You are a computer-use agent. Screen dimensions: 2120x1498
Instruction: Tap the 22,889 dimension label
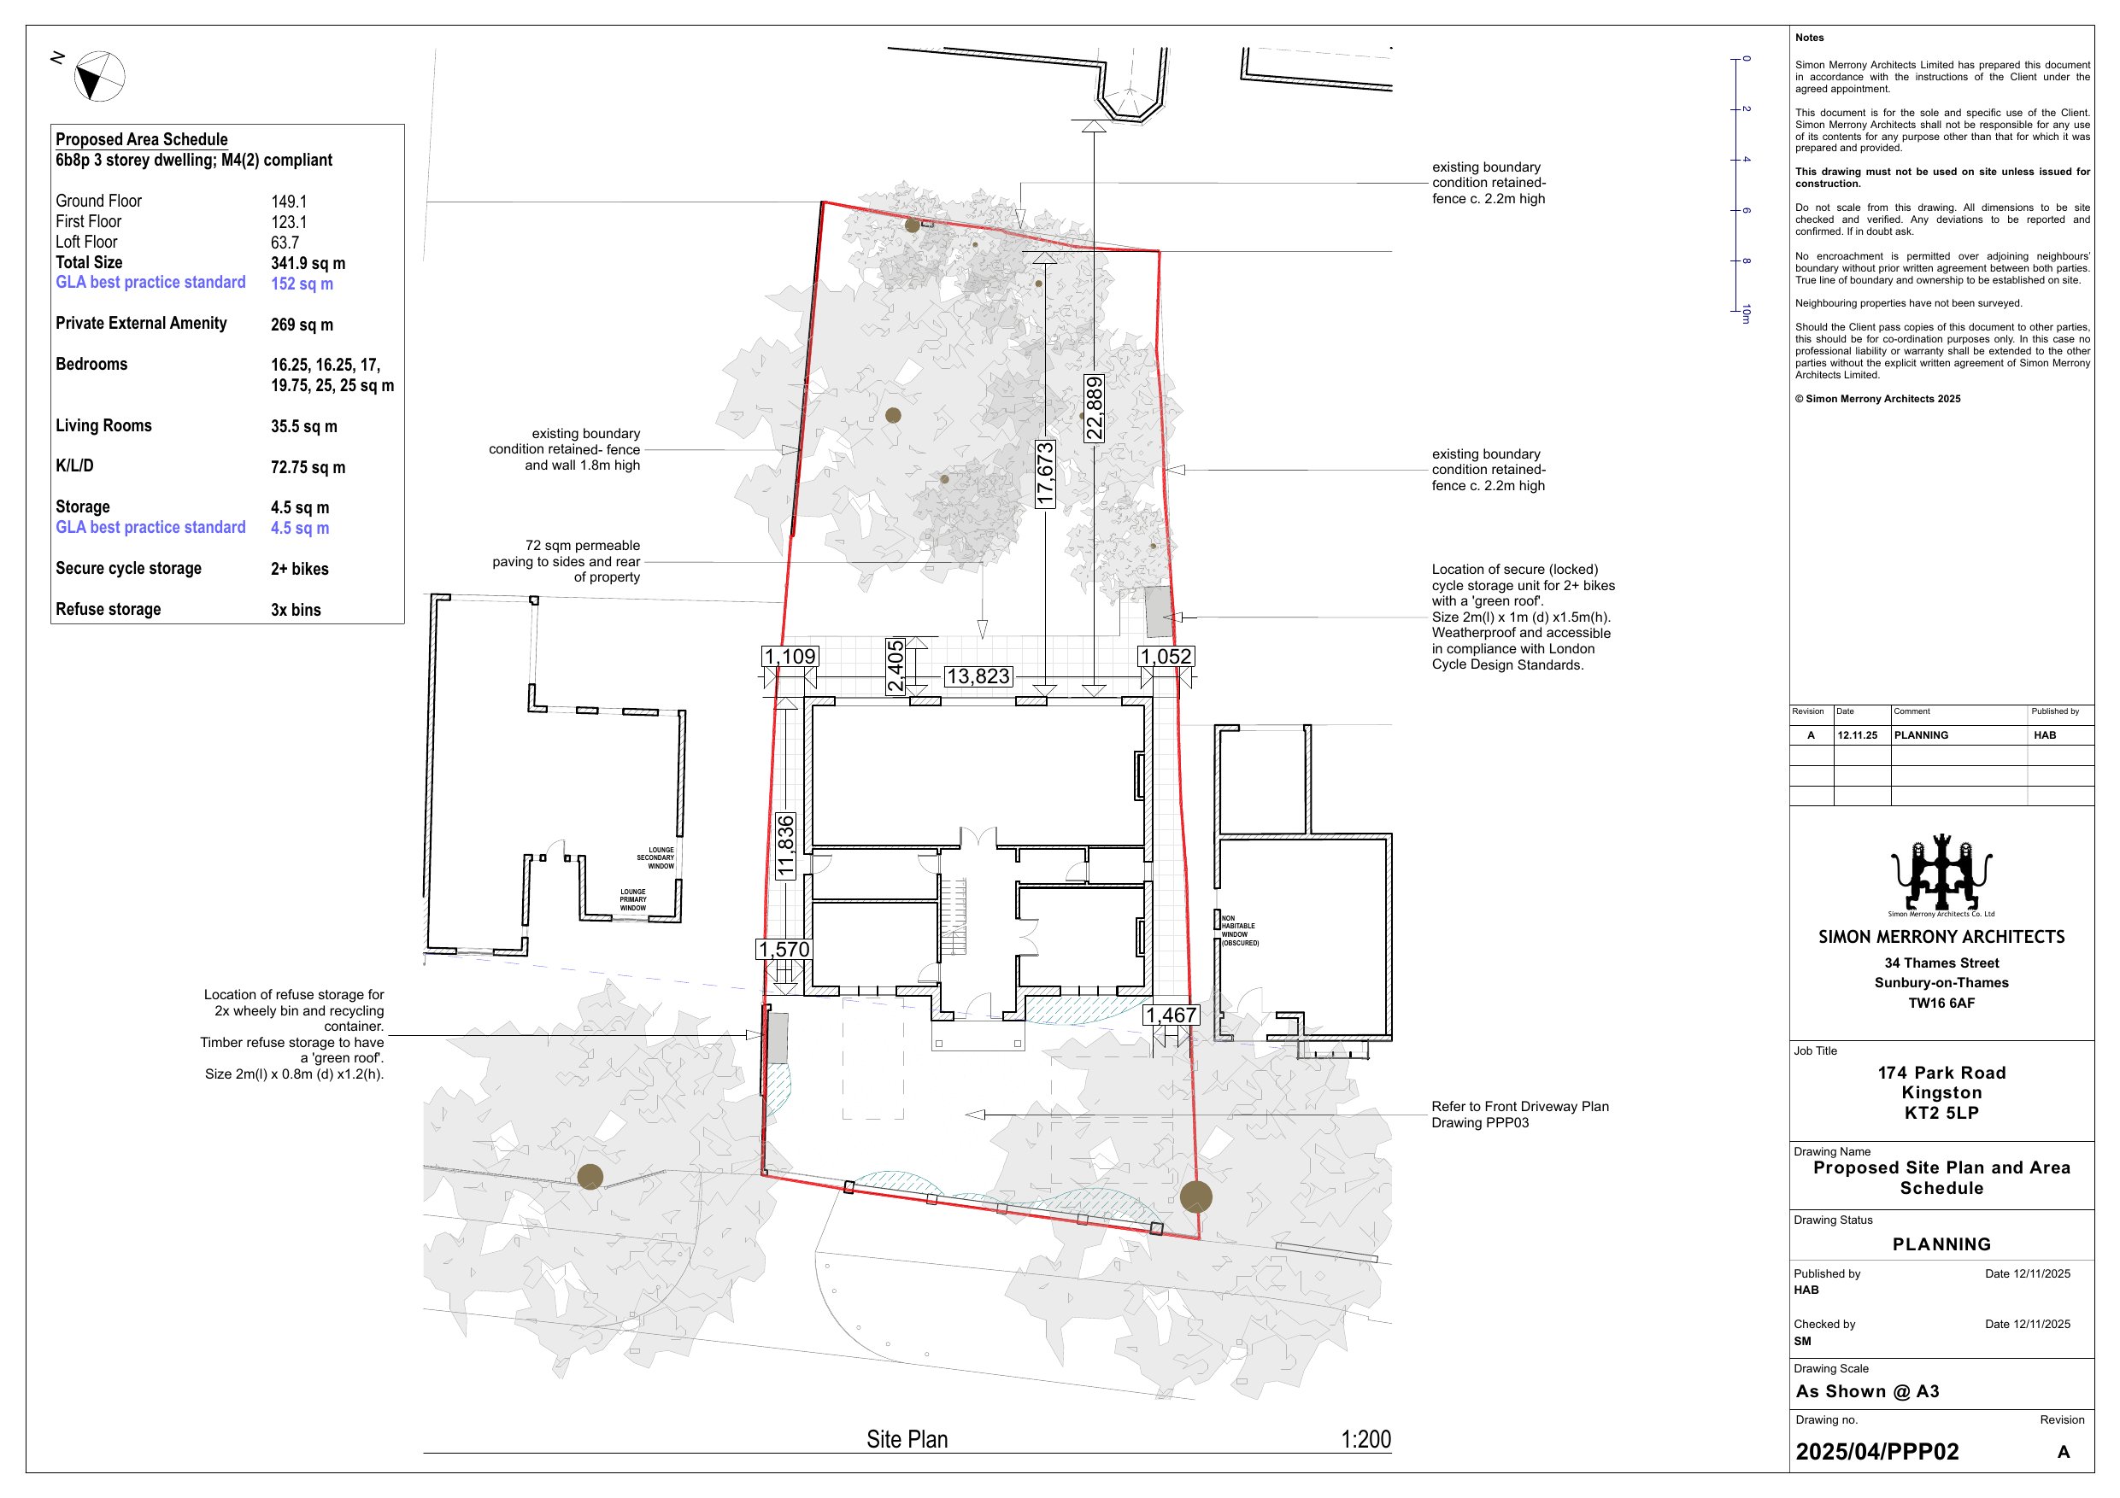pyautogui.click(x=1094, y=408)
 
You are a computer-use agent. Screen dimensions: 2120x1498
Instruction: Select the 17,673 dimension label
pyautogui.click(x=1045, y=473)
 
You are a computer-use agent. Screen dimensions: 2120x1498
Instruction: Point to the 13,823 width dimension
pyautogui.click(x=978, y=676)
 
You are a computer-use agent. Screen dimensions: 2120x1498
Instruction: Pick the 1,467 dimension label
pyautogui.click(x=1172, y=1015)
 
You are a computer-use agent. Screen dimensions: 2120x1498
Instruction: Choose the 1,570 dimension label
pyautogui.click(x=784, y=950)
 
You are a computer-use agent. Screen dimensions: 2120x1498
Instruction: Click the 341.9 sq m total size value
pyautogui.click(x=308, y=264)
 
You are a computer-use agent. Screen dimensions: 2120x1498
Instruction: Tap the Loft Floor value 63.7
pyautogui.click(x=285, y=243)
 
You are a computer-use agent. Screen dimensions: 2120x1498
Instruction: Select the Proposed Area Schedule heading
pyautogui.click(x=141, y=139)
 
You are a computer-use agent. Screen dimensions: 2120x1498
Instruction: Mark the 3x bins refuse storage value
pyautogui.click(x=296, y=610)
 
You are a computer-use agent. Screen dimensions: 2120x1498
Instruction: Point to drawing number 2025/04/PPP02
pyautogui.click(x=1877, y=1452)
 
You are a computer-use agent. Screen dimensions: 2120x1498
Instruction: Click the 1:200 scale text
pyautogui.click(x=1365, y=1439)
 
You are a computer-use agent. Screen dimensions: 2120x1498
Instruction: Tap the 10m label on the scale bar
pyautogui.click(x=1746, y=313)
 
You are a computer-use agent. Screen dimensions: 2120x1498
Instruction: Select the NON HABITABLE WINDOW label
pyautogui.click(x=1239, y=930)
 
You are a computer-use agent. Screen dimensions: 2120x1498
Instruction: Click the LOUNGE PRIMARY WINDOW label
pyautogui.click(x=633, y=900)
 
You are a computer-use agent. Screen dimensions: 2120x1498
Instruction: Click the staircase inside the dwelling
pyautogui.click(x=954, y=916)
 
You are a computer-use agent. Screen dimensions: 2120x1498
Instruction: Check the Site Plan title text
pyautogui.click(x=907, y=1440)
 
